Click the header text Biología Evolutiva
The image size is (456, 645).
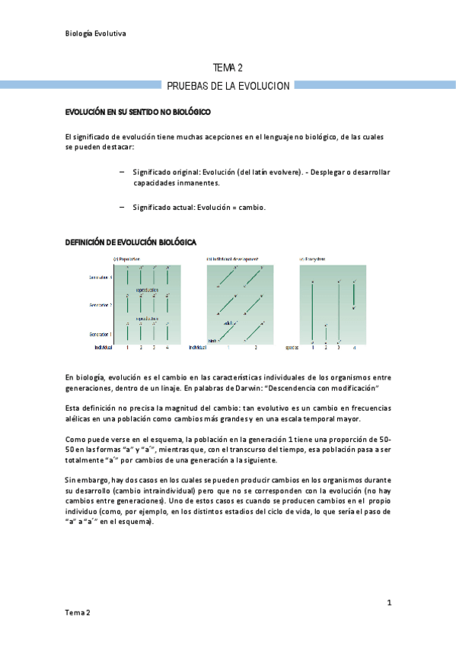95,33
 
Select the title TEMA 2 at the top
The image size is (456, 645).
228,68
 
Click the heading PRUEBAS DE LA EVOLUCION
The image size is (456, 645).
228,86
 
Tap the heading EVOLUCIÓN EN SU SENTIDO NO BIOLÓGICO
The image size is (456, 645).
137,113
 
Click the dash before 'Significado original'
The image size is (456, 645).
123,172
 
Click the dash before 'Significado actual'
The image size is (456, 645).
123,207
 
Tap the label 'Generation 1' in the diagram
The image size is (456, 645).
101,334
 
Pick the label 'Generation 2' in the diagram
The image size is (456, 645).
101,305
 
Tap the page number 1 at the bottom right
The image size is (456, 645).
389,603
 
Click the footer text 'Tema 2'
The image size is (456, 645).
78,613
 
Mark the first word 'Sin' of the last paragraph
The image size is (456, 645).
71,481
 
